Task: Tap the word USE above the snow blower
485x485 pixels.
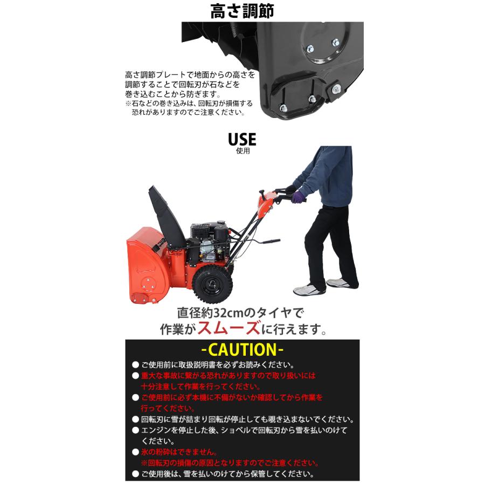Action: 242,139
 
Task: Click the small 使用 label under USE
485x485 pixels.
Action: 242,151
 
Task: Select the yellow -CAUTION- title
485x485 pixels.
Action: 242,349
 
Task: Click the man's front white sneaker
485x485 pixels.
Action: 309,289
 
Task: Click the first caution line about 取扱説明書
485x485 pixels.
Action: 218,364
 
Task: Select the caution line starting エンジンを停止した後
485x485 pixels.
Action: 242,430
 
